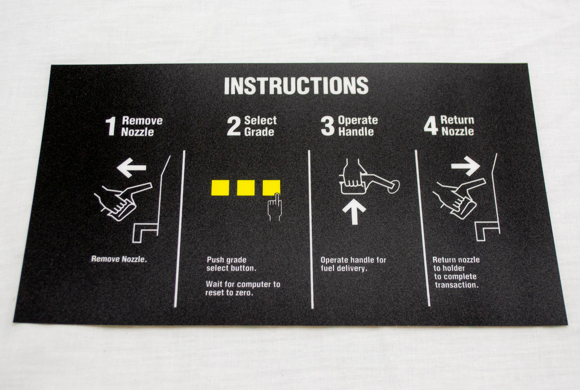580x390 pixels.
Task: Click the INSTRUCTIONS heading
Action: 296,86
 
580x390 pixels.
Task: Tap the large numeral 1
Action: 111,127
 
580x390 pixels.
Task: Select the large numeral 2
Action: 233,126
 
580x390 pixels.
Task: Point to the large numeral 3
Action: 328,126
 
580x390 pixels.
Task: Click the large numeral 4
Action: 430,126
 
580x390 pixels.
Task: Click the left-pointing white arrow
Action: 131,168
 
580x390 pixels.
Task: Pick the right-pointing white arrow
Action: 465,166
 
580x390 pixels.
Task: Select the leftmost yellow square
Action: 220,188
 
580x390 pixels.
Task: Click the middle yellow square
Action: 246,188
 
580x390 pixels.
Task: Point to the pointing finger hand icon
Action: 275,207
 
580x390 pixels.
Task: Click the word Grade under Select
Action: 259,132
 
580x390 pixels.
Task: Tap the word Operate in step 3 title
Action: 358,120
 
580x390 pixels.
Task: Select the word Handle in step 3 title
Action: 356,131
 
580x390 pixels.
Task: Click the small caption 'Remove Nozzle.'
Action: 119,259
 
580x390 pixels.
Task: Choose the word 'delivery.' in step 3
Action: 354,268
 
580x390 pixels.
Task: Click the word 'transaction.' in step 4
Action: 457,285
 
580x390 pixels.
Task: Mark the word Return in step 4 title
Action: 457,120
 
